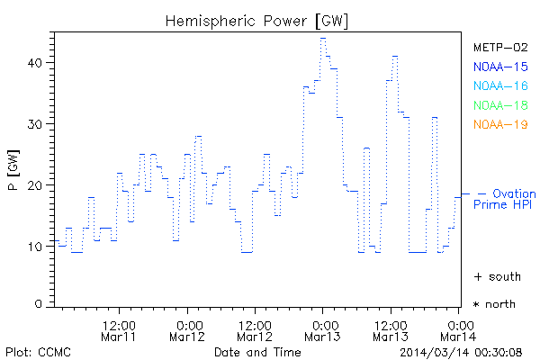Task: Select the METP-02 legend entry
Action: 500,47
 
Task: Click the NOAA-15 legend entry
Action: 500,67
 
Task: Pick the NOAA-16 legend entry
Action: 500,85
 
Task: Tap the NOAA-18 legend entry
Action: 500,105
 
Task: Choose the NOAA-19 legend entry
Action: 500,124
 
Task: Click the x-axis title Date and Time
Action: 256,351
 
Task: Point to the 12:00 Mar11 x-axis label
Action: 119,329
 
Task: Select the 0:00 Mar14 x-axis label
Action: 459,329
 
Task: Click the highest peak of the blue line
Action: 323,39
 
